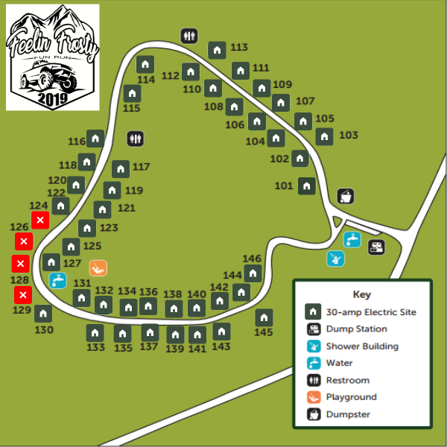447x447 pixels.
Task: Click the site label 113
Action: tap(239, 47)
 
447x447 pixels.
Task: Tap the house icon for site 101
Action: tap(306, 186)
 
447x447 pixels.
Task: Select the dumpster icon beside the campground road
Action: tap(345, 196)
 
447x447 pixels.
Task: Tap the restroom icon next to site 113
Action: tap(189, 35)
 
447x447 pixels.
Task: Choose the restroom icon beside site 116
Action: tap(135, 139)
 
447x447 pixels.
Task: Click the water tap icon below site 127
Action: tap(57, 280)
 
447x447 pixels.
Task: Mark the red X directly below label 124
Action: tap(40, 220)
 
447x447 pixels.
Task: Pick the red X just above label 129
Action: tap(23, 295)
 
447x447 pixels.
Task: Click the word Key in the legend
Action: tap(361, 294)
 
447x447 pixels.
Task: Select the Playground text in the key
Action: tap(351, 397)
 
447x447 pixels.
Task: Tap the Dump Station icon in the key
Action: tap(314, 329)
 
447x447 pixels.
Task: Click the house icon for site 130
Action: tap(43, 314)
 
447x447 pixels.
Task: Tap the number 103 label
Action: tap(348, 135)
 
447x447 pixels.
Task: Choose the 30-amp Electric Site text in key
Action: tap(371, 312)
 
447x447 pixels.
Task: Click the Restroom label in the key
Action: tap(347, 380)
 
